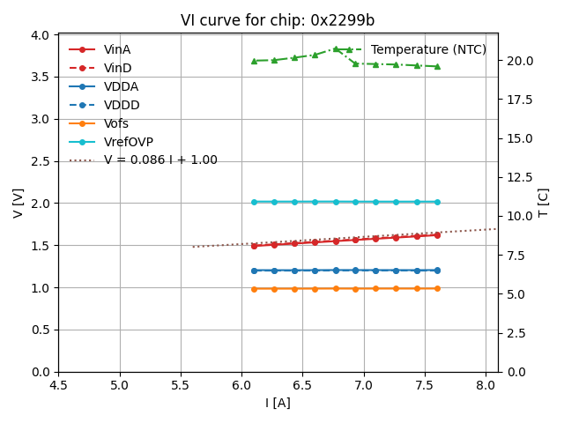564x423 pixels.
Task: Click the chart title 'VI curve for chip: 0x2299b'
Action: pos(278,20)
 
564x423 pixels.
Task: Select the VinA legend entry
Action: pos(117,49)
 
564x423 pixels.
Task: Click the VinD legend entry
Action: pos(117,68)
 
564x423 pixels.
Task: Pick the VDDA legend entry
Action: pos(121,86)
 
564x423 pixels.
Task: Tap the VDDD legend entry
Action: pos(122,105)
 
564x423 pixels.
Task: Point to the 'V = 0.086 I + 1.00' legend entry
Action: pos(160,160)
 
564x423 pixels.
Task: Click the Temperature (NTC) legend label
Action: pos(428,49)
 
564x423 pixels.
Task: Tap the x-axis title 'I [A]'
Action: pos(278,403)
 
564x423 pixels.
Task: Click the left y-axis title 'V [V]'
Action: pos(19,203)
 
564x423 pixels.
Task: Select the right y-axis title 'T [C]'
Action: pos(544,203)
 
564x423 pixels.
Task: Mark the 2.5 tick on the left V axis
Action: pos(42,161)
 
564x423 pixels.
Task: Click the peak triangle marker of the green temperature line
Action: pos(336,49)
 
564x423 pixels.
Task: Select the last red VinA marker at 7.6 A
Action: pos(437,235)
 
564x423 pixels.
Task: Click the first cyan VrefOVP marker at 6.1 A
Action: pos(254,202)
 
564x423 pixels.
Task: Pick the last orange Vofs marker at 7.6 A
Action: pos(437,288)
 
